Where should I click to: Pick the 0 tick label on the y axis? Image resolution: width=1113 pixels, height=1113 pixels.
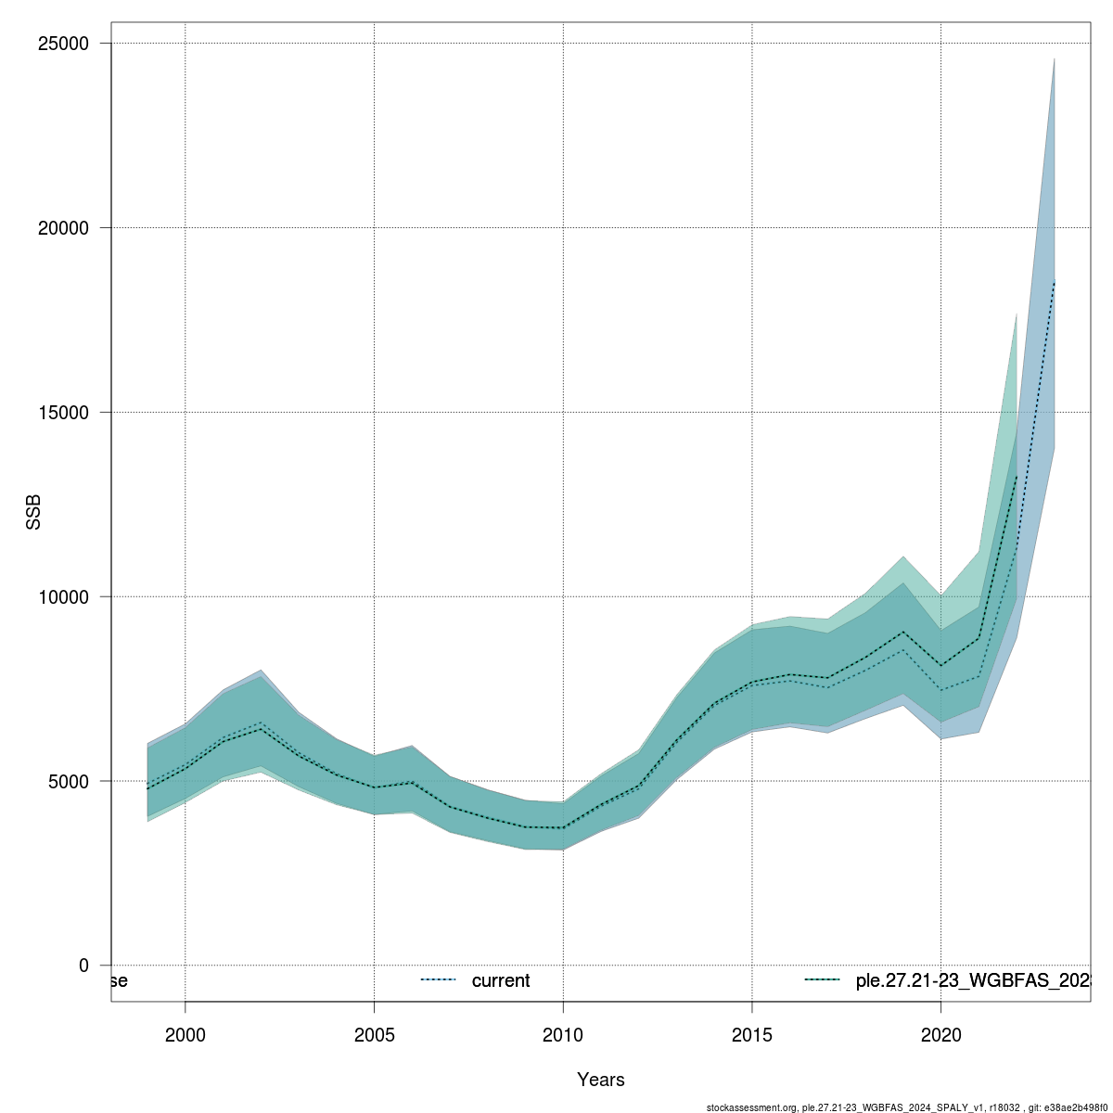tap(83, 966)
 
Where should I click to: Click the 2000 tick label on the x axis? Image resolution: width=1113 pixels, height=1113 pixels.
tap(185, 1033)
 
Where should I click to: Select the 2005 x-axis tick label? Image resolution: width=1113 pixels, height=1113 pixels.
tap(375, 1033)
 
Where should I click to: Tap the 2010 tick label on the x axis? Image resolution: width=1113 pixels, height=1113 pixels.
tap(563, 1033)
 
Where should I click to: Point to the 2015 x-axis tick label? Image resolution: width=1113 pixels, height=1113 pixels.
tap(752, 1033)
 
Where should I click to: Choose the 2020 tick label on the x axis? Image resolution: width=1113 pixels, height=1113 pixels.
tap(940, 1033)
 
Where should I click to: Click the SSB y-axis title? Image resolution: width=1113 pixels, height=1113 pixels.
tap(34, 513)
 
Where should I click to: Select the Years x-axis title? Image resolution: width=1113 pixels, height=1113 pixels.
tap(601, 1080)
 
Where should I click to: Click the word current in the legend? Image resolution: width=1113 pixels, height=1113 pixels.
tap(501, 981)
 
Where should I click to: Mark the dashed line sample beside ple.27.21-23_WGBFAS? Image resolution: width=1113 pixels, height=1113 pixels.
tap(822, 980)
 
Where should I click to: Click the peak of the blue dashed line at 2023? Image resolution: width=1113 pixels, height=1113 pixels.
tap(1055, 282)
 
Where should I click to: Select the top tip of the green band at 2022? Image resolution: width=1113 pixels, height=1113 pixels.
tap(1017, 314)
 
